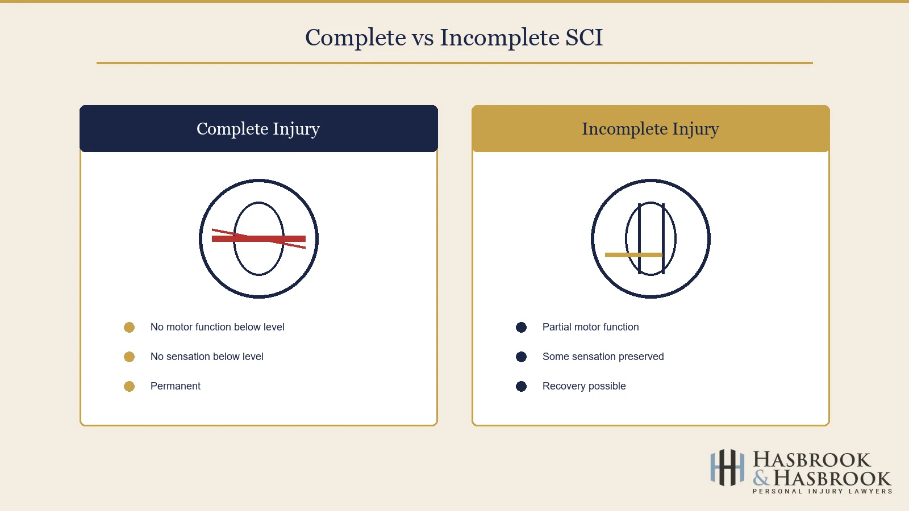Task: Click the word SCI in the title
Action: (583, 38)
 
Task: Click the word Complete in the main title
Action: (356, 38)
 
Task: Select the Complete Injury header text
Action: (258, 129)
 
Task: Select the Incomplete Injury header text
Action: (651, 129)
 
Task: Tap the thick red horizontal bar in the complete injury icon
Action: (258, 238)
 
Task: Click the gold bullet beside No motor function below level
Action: (129, 327)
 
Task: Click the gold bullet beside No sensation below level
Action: (129, 357)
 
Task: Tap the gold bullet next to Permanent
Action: (129, 386)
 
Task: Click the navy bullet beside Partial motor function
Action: (521, 327)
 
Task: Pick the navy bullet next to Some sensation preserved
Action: (521, 357)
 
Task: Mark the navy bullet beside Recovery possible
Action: (521, 386)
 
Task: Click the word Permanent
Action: (175, 386)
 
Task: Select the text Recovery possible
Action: (584, 386)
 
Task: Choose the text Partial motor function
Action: (590, 327)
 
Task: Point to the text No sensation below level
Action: (207, 357)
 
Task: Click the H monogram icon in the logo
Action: (727, 468)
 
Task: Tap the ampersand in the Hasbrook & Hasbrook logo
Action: (761, 478)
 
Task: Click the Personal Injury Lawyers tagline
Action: (822, 491)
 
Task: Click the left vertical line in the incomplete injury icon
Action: (640, 238)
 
